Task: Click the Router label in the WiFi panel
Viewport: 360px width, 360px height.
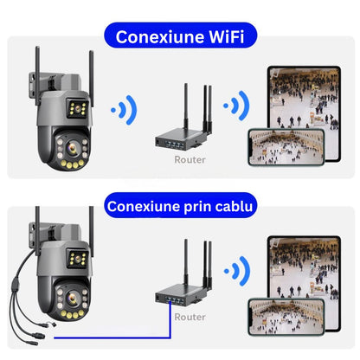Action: coord(190,159)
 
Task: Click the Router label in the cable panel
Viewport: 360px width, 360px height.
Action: coord(190,317)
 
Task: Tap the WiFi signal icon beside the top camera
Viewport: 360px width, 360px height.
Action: coord(125,110)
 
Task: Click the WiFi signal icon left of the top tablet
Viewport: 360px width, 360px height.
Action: coord(236,106)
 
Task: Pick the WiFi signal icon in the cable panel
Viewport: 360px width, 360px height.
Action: coord(237,271)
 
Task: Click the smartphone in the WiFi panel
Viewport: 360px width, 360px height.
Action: coord(286,147)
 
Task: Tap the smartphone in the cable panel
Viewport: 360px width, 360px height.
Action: coord(286,317)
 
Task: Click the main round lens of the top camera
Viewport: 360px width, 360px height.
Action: coord(72,148)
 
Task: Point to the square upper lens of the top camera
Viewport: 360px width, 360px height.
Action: coord(77,108)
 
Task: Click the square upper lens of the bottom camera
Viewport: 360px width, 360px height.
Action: coord(77,259)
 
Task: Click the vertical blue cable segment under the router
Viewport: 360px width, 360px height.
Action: coord(170,319)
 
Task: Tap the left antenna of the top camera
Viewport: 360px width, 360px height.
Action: coord(37,75)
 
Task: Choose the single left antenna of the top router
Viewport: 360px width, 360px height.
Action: coord(186,107)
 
